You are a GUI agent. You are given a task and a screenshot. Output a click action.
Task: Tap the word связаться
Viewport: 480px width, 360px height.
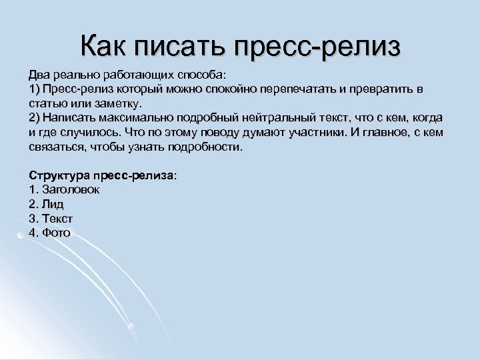[55, 147]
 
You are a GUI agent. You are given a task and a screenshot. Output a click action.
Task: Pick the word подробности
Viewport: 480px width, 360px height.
[209, 147]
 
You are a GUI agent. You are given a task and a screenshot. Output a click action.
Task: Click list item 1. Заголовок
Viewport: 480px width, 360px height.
[64, 190]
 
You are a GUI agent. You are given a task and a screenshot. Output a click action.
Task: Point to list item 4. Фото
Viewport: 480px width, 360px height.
[49, 233]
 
